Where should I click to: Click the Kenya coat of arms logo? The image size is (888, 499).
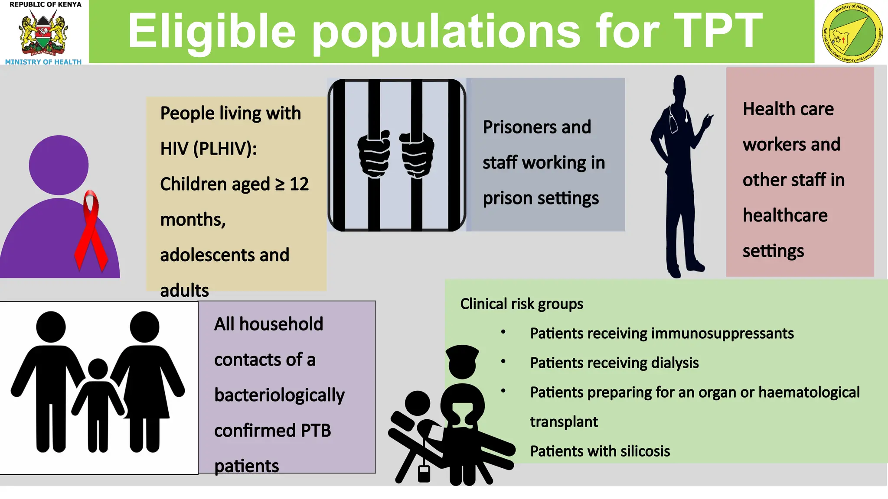pos(43,33)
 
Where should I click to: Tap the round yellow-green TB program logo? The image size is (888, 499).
pos(852,32)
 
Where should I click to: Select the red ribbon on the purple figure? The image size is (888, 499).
pos(91,230)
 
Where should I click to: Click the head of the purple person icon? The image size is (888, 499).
pos(59,165)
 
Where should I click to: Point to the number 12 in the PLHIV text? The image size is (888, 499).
pos(299,185)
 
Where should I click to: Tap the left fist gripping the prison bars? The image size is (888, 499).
pos(373,153)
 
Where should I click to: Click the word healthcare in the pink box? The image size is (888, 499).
pos(785,215)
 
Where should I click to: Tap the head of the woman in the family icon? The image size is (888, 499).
pos(144,327)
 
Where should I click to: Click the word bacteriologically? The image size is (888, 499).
pos(279,395)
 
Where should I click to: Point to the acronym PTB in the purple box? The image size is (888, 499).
pos(316,431)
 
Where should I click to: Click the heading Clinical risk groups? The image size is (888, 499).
pos(521,304)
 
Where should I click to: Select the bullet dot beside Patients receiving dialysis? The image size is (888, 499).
pos(503,361)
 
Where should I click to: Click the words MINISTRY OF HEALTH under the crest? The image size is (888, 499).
pos(43,62)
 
